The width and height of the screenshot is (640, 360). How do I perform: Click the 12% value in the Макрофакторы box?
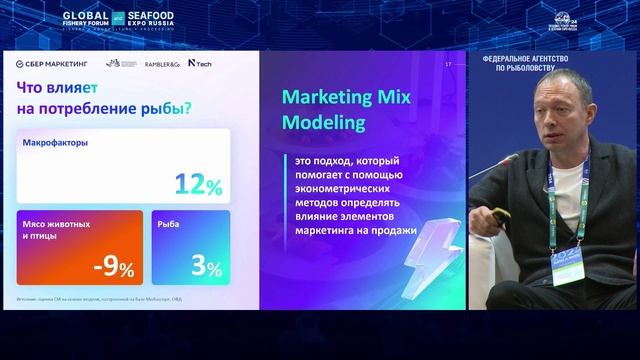[x=198, y=184]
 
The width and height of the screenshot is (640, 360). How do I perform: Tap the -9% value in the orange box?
[x=113, y=266]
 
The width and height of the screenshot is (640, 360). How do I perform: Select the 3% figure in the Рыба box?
[x=207, y=266]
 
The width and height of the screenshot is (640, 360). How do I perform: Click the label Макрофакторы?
[x=55, y=143]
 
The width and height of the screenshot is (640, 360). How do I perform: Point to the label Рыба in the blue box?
[x=169, y=224]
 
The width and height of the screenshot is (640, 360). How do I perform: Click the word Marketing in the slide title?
[x=326, y=98]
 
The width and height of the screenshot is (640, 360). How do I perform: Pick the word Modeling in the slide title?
[x=322, y=125]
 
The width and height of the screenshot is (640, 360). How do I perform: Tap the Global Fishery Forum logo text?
[x=92, y=18]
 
